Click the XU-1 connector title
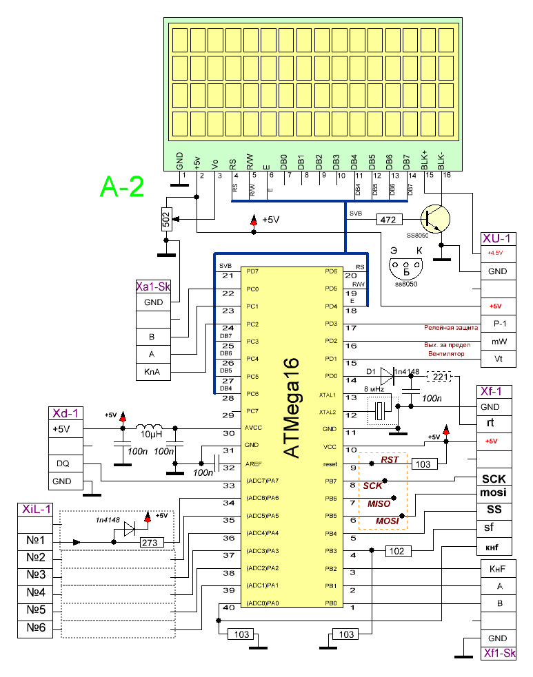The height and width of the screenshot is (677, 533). coord(497,238)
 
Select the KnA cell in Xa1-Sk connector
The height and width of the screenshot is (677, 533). coord(152,373)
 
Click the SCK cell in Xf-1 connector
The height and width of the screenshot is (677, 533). coord(494,478)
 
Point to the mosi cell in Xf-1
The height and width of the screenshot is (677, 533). coord(494,492)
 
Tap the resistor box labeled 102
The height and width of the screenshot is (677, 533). coord(397,551)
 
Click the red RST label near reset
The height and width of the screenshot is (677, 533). coord(390,459)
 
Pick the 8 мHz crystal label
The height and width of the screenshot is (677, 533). coord(374,389)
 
